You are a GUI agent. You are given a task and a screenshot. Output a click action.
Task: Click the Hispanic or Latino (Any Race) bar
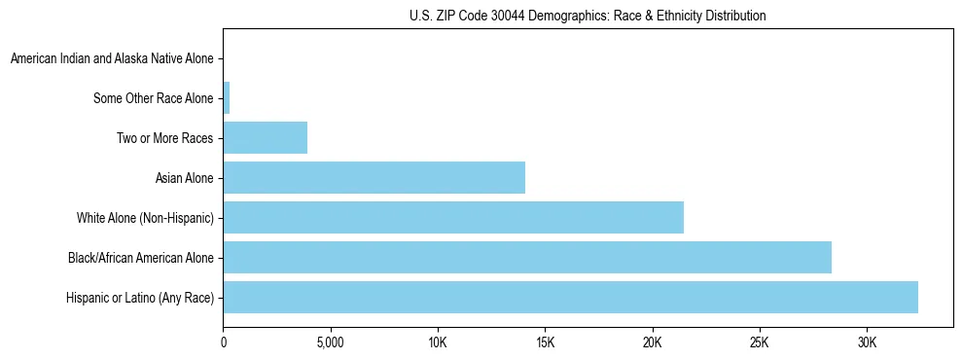570,298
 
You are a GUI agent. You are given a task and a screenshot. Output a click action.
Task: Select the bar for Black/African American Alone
527,258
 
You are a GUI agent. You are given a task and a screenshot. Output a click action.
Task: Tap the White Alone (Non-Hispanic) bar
453,218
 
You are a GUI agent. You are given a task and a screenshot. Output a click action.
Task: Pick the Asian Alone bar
374,178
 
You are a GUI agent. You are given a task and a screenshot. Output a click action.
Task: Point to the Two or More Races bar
266,138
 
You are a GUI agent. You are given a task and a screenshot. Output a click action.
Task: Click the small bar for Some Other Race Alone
227,98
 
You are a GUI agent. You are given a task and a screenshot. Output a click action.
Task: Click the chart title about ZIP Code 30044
588,16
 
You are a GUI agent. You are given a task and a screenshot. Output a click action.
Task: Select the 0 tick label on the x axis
224,343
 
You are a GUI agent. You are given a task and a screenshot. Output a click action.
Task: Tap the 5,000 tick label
331,343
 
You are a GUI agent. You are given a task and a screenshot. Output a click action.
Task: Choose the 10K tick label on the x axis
438,343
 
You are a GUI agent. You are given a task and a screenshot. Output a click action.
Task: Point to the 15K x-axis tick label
545,343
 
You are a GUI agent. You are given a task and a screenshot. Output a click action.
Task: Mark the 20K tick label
652,343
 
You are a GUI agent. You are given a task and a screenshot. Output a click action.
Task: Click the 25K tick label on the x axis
759,343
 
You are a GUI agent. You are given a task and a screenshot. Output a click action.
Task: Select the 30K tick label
867,343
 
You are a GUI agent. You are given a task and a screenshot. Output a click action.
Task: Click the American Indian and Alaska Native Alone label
112,59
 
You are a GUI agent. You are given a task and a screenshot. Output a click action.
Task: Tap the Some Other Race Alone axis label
153,98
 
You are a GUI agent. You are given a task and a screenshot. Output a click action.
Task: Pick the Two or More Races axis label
164,138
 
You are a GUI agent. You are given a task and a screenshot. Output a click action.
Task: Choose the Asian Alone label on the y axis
184,178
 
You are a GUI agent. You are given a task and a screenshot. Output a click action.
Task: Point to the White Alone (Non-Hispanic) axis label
145,218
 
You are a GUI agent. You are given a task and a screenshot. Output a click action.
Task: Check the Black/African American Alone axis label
140,258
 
